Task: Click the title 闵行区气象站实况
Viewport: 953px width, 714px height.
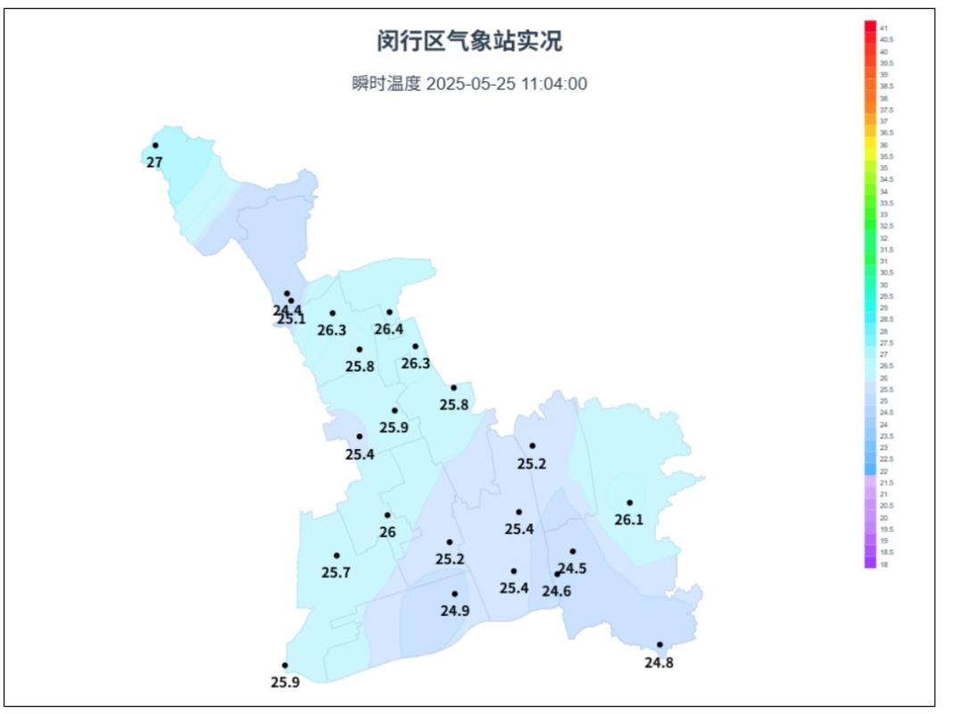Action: pyautogui.click(x=469, y=41)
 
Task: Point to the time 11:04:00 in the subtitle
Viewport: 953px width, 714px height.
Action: pyautogui.click(x=554, y=85)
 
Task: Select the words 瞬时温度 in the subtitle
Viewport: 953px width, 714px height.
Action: pyautogui.click(x=385, y=85)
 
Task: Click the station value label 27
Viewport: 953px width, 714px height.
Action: pyautogui.click(x=154, y=162)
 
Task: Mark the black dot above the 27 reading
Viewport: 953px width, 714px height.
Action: pyautogui.click(x=155, y=145)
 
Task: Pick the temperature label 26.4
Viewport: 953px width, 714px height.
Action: pyautogui.click(x=389, y=329)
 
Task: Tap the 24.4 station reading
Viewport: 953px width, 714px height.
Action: pyautogui.click(x=287, y=310)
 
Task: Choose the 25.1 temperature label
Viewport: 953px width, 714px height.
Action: pyautogui.click(x=292, y=319)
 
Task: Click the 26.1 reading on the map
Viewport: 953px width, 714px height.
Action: pyautogui.click(x=629, y=519)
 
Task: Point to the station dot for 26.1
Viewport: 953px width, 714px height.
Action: pyautogui.click(x=629, y=502)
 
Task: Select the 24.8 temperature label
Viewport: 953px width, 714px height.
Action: pyautogui.click(x=659, y=662)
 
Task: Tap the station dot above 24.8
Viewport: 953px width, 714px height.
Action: pyautogui.click(x=660, y=644)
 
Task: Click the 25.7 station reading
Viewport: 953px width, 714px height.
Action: pyautogui.click(x=336, y=572)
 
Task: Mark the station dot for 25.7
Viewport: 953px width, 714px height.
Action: pyautogui.click(x=336, y=555)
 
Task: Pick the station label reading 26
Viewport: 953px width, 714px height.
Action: pyautogui.click(x=387, y=532)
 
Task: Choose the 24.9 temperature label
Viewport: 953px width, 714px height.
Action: pyautogui.click(x=455, y=610)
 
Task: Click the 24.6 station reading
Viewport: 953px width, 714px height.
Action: pyautogui.click(x=557, y=590)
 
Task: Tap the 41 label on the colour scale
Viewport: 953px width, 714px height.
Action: pyautogui.click(x=883, y=29)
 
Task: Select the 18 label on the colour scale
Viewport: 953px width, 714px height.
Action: pyautogui.click(x=883, y=564)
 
